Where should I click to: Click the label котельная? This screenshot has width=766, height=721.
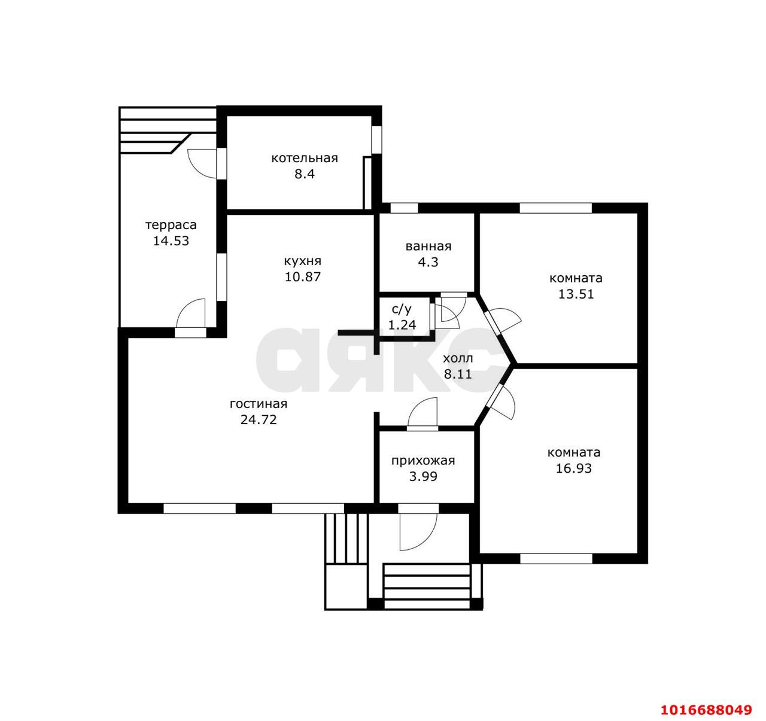tap(305, 158)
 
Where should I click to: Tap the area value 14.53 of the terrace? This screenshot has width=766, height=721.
tap(171, 241)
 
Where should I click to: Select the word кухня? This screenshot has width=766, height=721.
tap(302, 261)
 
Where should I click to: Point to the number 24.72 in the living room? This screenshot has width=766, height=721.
tap(259, 419)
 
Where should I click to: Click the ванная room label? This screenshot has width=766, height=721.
tap(428, 246)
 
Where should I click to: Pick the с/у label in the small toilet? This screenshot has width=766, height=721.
tap(402, 309)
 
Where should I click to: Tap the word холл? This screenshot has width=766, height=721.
tap(457, 358)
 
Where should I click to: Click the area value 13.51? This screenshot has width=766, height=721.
tap(576, 294)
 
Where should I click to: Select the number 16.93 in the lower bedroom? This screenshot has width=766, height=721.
tap(573, 468)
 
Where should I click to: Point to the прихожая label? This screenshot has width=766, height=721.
tap(422, 461)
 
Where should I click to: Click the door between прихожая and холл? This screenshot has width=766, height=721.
tap(422, 414)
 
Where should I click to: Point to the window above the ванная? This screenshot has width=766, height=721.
tap(404, 208)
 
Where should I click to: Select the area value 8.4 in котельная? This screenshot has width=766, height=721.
tap(305, 174)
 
